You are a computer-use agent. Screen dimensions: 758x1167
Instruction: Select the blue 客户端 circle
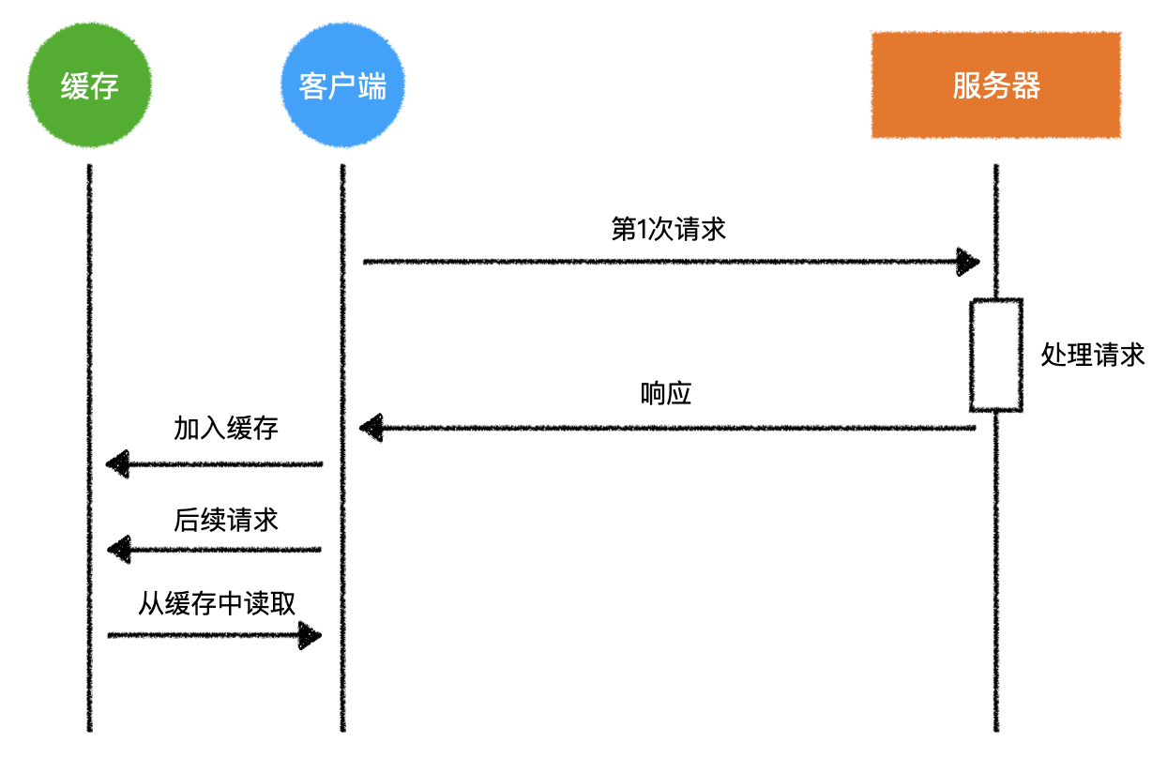pyautogui.click(x=342, y=86)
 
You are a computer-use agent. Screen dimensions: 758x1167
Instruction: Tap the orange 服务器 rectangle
pyautogui.click(x=995, y=85)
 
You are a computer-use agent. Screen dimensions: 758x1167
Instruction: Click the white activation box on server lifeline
pyautogui.click(x=995, y=355)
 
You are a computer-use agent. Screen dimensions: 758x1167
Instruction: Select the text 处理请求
pyautogui.click(x=1093, y=355)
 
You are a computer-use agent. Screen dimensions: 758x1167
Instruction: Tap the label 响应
pyautogui.click(x=666, y=394)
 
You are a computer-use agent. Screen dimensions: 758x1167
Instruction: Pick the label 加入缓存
pyautogui.click(x=226, y=429)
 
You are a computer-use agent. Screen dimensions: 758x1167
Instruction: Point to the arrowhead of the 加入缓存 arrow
pyautogui.click(x=118, y=463)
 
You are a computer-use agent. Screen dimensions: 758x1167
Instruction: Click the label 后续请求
pyautogui.click(x=226, y=520)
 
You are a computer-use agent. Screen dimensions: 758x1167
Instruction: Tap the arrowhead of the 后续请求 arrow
pyautogui.click(x=118, y=550)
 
